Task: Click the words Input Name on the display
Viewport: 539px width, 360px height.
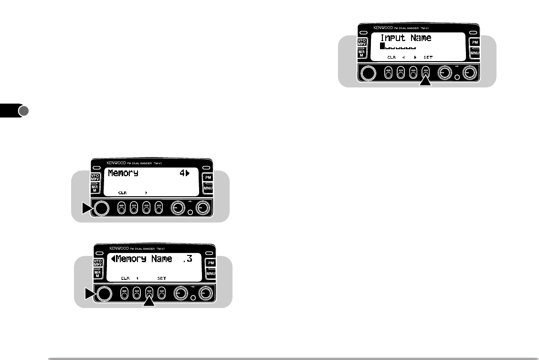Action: coord(405,38)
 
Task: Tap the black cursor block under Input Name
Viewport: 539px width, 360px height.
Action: coord(382,46)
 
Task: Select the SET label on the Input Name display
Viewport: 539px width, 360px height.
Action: coord(428,57)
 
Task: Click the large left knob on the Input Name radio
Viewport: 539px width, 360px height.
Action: coord(368,73)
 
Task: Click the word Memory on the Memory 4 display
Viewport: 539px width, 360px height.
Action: coord(123,173)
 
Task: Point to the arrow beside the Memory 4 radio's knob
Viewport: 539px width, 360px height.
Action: coord(86,208)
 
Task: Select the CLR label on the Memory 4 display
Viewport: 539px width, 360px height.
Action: coord(123,192)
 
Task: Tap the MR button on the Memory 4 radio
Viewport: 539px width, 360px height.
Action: coord(95,189)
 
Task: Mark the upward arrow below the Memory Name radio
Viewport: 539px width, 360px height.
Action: coord(149,301)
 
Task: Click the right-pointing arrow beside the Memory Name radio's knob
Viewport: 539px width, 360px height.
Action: coord(89,293)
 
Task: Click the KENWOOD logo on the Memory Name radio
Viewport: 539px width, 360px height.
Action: coord(121,248)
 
